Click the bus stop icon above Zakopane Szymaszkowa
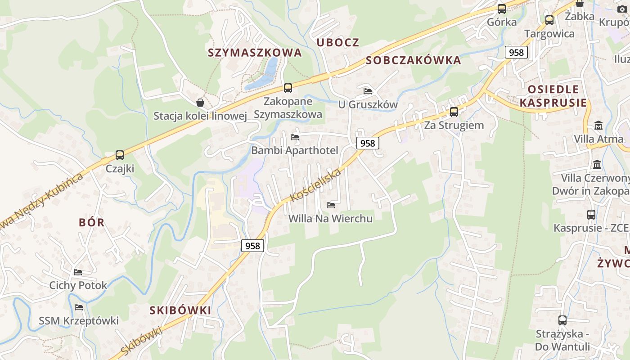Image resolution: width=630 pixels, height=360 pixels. (288, 88)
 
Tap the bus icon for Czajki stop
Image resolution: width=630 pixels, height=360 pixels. (119, 155)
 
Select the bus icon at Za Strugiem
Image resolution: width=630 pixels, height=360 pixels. (454, 112)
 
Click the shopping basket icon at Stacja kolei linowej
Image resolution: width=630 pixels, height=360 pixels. (200, 103)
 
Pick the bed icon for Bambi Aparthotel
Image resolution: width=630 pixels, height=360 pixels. (295, 137)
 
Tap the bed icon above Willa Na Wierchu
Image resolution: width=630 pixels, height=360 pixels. (331, 205)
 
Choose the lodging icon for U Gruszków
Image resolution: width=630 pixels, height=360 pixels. (368, 91)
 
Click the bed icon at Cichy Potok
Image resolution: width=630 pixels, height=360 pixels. (78, 272)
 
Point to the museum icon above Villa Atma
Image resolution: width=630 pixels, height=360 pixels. (598, 126)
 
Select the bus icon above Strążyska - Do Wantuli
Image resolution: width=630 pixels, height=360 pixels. (562, 320)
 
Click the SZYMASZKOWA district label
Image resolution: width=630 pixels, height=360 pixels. (254, 53)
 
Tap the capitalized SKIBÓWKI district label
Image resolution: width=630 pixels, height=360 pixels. (180, 310)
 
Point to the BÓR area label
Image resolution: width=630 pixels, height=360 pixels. (91, 222)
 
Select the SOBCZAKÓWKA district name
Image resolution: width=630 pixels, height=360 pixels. (414, 60)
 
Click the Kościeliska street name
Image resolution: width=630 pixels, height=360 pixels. (316, 185)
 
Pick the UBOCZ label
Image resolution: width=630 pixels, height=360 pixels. (338, 42)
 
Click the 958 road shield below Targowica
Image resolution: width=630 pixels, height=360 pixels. (516, 52)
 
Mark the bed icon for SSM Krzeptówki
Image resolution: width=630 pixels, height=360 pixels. (79, 307)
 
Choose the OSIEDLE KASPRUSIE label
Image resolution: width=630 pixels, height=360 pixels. (553, 96)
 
